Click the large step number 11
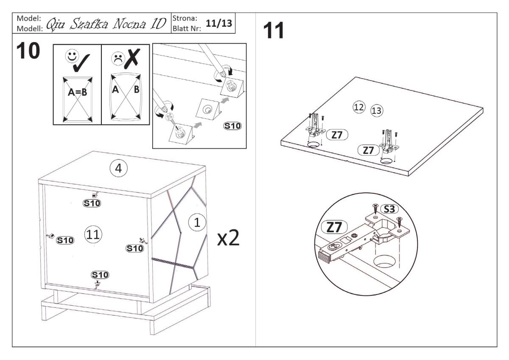(274, 31)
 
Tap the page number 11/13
(219, 23)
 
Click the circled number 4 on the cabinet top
(119, 168)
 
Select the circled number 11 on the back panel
(93, 234)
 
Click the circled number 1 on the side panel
(196, 222)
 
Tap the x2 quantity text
(229, 239)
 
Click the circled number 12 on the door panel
(359, 107)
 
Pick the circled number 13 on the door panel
(376, 111)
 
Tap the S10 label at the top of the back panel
(92, 203)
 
